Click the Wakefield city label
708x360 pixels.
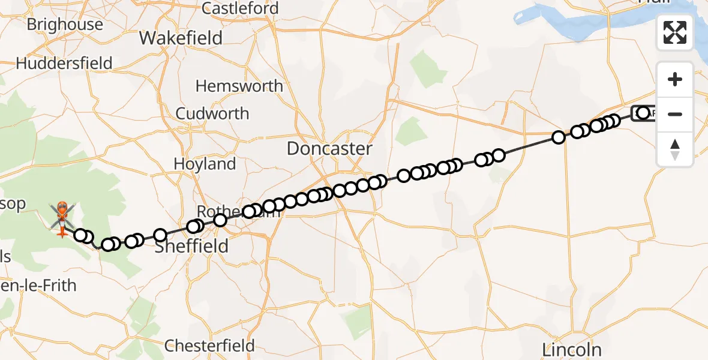click(x=181, y=38)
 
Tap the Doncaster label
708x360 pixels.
click(x=329, y=148)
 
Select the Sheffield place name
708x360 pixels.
click(x=191, y=246)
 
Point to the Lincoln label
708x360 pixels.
click(x=571, y=349)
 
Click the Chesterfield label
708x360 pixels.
click(x=209, y=346)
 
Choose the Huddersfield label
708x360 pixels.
click(x=64, y=63)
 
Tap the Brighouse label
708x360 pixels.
click(x=65, y=25)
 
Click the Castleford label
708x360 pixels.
click(x=240, y=8)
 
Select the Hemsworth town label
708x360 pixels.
click(x=239, y=86)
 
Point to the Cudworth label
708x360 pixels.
click(x=212, y=113)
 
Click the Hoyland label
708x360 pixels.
click(x=204, y=164)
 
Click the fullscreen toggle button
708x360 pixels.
click(x=675, y=32)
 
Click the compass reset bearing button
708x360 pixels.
click(x=675, y=149)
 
